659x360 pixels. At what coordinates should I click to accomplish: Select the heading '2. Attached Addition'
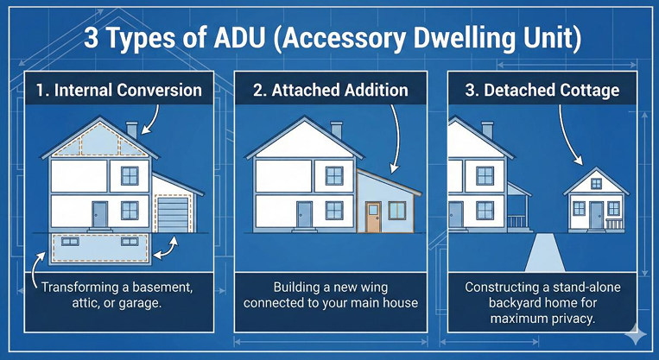point(329,90)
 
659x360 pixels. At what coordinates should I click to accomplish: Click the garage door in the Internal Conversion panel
point(172,213)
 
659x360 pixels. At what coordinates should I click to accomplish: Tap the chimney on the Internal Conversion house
point(131,129)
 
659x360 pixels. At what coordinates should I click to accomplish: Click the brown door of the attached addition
point(372,217)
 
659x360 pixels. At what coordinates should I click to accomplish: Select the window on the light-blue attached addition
point(398,210)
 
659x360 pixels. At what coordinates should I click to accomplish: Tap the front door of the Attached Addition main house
point(304,212)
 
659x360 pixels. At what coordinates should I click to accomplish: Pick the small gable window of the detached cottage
point(597,183)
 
